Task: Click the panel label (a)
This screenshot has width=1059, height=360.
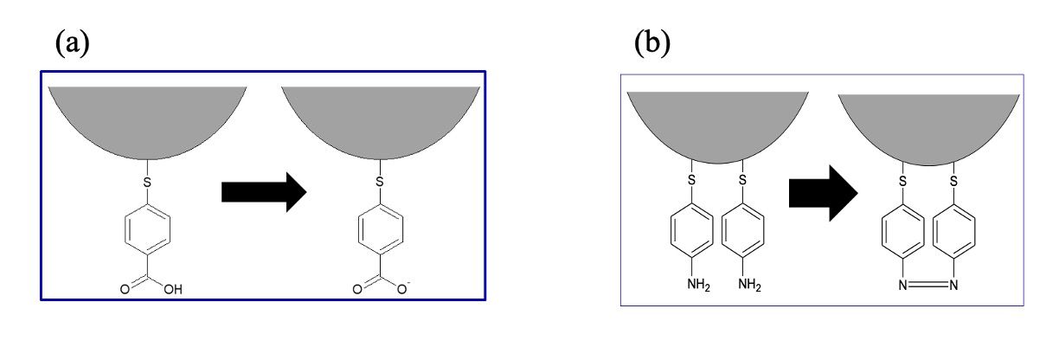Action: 72,42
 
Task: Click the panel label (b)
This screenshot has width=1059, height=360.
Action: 651,42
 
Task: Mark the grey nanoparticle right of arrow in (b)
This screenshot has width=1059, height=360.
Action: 929,125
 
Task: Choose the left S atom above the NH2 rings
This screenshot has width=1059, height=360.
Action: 691,181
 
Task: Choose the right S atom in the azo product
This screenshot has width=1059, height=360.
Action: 953,181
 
